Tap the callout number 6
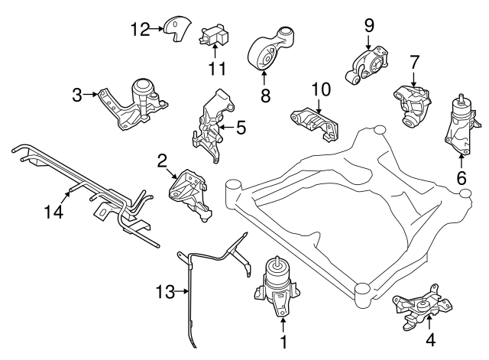(x=461, y=177)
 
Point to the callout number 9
(x=368, y=24)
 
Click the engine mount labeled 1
(x=277, y=289)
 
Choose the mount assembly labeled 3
(x=138, y=105)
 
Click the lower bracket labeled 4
(x=418, y=310)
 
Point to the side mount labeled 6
(x=459, y=126)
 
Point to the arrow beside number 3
(x=91, y=96)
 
